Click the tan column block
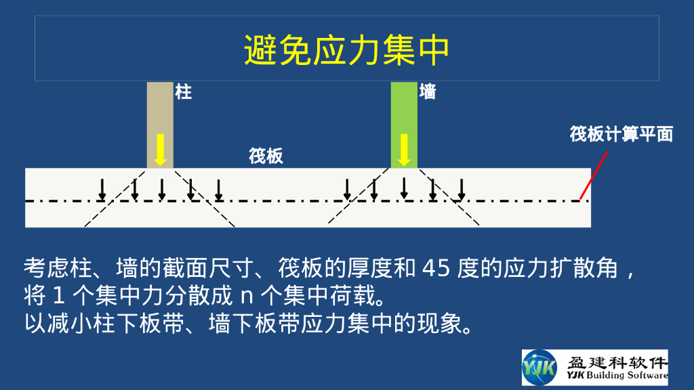click(160, 108)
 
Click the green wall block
click(404, 108)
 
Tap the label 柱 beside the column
click(184, 92)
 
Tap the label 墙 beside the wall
click(428, 92)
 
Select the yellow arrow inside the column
click(160, 150)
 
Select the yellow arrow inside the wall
click(404, 150)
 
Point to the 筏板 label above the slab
click(266, 156)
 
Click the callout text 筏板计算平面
click(621, 134)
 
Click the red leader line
click(594, 175)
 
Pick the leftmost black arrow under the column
click(102, 190)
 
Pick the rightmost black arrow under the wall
click(462, 190)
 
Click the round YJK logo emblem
click(539, 368)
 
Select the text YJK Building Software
click(617, 376)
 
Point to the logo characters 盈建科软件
click(617, 362)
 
